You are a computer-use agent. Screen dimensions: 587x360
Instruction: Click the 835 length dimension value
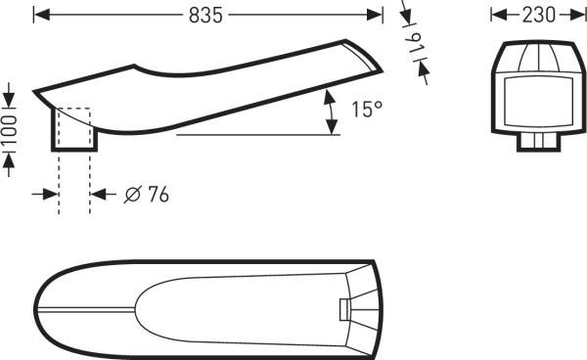point(205,16)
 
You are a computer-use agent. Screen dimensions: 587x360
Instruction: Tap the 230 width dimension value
point(539,16)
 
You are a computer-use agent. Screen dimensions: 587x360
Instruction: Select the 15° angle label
point(367,110)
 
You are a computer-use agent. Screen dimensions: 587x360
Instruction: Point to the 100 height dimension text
point(10,130)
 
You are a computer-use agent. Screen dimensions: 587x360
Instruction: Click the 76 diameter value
point(158,195)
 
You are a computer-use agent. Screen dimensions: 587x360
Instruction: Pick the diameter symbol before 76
point(132,195)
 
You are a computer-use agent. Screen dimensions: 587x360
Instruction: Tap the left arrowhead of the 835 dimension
point(41,15)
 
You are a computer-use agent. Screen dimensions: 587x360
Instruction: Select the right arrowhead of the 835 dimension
point(375,15)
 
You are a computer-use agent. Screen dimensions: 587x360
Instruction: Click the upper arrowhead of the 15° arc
point(329,97)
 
